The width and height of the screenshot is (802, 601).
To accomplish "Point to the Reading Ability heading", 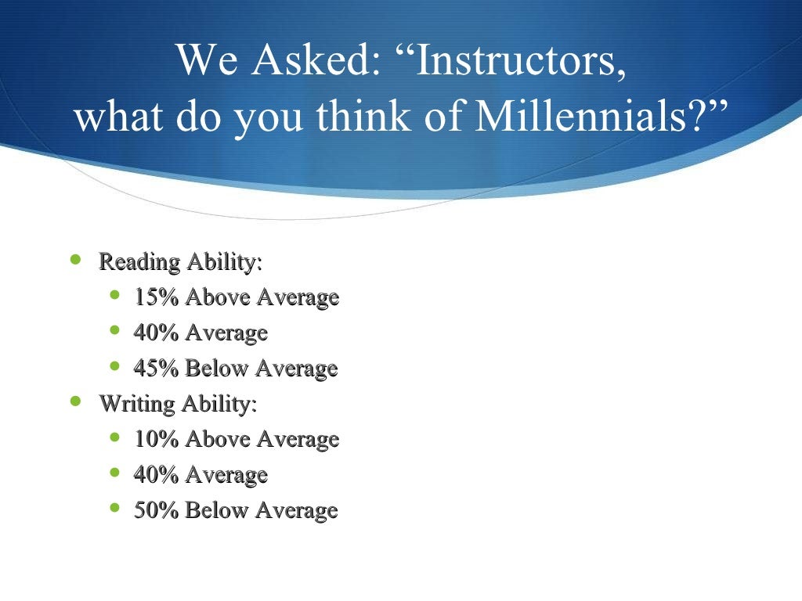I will (180, 262).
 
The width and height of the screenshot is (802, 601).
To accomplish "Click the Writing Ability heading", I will (178, 404).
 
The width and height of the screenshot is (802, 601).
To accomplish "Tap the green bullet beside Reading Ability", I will (76, 259).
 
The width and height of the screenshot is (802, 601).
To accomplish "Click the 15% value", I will (155, 297).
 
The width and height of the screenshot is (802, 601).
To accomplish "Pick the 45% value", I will (155, 369).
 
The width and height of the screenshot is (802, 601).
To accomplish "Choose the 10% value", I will (155, 439).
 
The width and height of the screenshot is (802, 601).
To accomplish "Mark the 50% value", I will (155, 510).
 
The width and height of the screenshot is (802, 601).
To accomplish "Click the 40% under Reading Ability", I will (155, 333).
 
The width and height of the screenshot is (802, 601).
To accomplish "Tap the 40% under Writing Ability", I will (155, 475).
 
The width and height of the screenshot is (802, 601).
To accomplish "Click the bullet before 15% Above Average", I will (116, 296).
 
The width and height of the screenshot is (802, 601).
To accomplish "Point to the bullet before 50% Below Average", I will (116, 509).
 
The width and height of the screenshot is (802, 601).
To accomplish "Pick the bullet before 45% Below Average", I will (116, 366).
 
